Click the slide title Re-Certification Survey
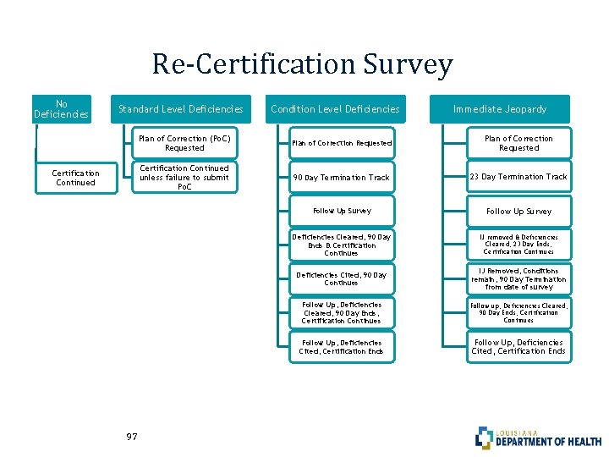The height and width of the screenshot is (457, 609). pyautogui.click(x=303, y=64)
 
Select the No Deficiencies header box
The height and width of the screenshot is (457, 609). pyautogui.click(x=61, y=108)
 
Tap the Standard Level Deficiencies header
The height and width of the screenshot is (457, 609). pyautogui.click(x=181, y=108)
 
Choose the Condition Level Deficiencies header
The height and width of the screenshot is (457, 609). pyautogui.click(x=335, y=108)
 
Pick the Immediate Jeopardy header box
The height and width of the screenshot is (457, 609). pyautogui.click(x=500, y=108)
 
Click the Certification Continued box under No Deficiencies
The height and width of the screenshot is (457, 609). pyautogui.click(x=76, y=178)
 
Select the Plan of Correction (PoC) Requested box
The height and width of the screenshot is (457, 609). pyautogui.click(x=184, y=143)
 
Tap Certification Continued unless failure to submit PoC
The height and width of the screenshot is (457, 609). pyautogui.click(x=184, y=177)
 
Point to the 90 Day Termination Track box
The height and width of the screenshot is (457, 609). pyautogui.click(x=341, y=178)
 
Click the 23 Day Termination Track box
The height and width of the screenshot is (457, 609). pyautogui.click(x=518, y=177)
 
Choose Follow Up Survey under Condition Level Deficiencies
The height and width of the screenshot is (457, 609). pyautogui.click(x=341, y=211)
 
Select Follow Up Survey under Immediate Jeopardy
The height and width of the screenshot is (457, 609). pyautogui.click(x=518, y=211)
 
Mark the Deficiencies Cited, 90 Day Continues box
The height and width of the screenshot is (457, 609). pyautogui.click(x=341, y=278)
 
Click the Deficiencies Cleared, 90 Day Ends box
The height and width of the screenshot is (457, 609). pyautogui.click(x=341, y=245)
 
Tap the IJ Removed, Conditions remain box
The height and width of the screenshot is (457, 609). pyautogui.click(x=518, y=278)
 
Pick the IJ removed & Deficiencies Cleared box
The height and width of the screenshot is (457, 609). pyautogui.click(x=518, y=245)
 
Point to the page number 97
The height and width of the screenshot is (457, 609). pyautogui.click(x=131, y=437)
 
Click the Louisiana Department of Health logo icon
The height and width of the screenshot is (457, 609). pyautogui.click(x=484, y=437)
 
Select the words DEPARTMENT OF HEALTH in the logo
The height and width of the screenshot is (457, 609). pyautogui.click(x=548, y=441)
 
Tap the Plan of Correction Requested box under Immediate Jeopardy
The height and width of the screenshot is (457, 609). pyautogui.click(x=518, y=143)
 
